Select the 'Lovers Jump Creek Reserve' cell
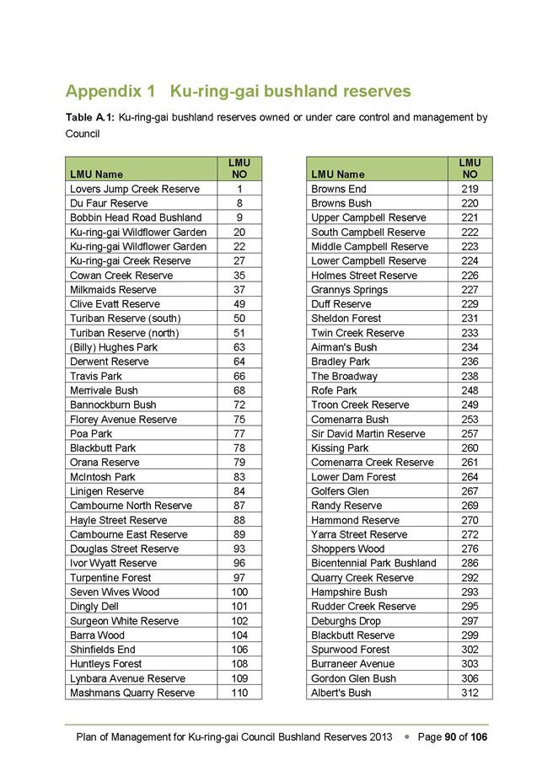point(134,189)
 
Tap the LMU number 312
point(470,693)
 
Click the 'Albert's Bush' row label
point(341,693)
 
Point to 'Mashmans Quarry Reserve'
point(132,693)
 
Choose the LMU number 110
point(239,693)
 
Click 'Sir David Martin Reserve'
point(368,434)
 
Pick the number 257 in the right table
point(470,434)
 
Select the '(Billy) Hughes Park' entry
point(113,347)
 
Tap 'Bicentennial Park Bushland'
point(373,563)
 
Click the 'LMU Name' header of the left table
point(96,174)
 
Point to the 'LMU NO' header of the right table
point(470,169)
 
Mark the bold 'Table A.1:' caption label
point(90,117)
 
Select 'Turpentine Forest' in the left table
point(110,577)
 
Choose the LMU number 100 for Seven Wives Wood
point(239,592)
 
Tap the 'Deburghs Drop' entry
point(346,621)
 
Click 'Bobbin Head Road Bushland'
point(136,217)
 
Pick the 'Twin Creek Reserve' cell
point(357,333)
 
